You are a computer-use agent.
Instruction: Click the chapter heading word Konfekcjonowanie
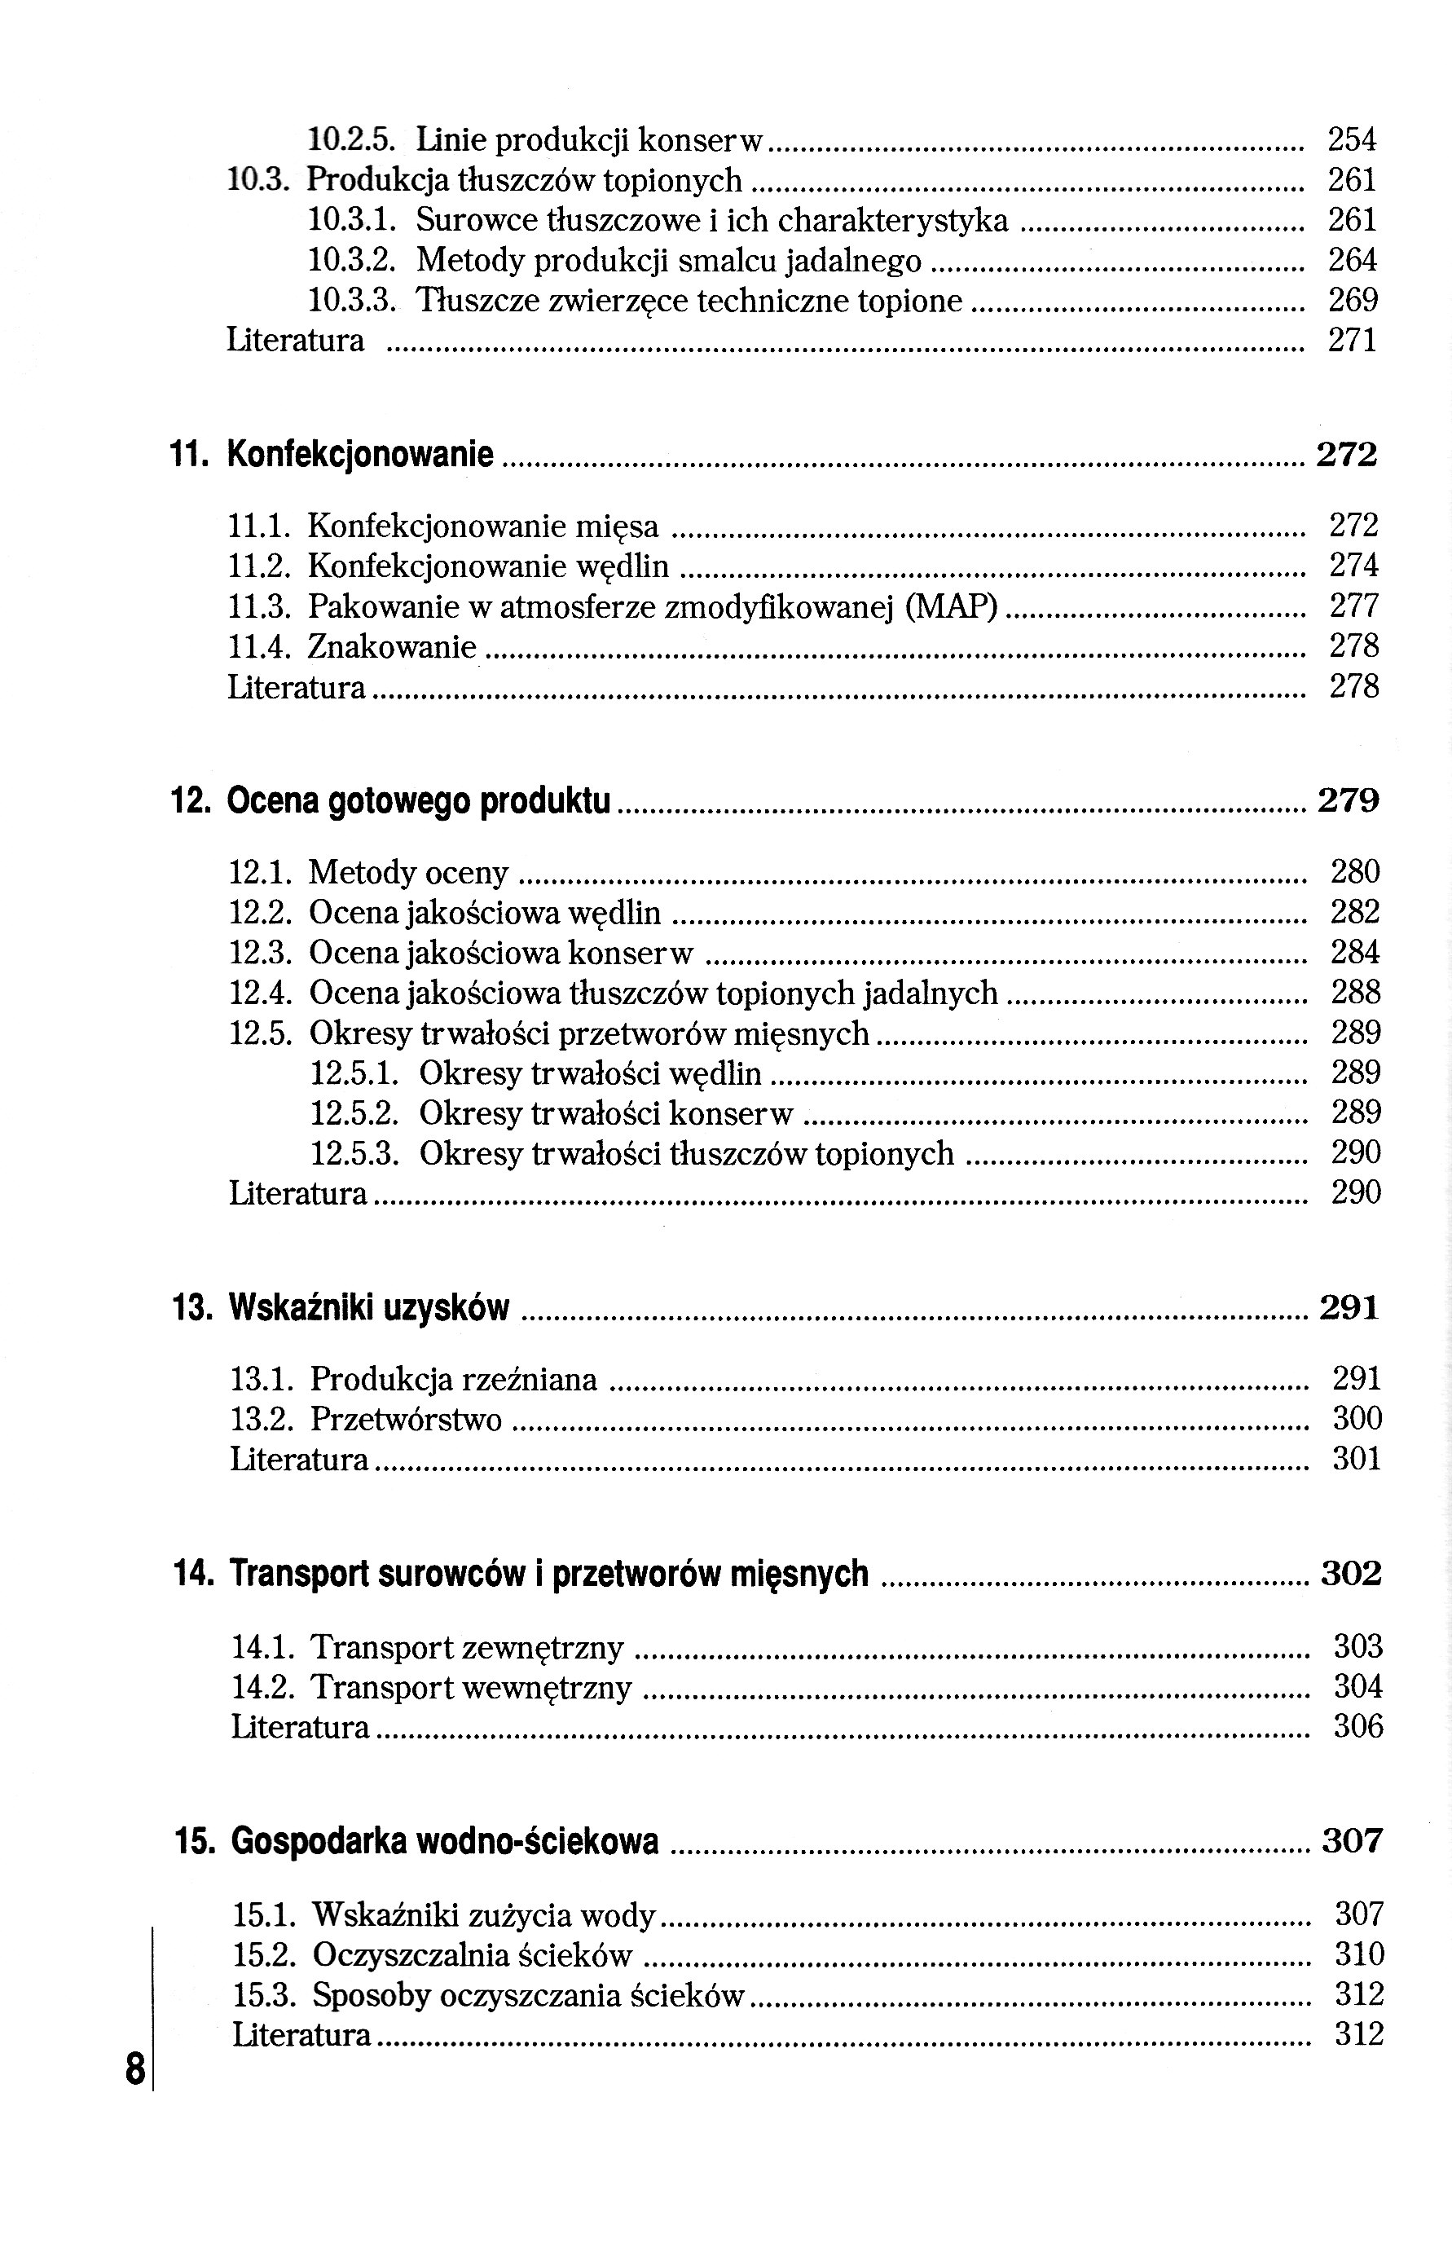(x=360, y=456)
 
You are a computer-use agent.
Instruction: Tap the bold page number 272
(x=1346, y=456)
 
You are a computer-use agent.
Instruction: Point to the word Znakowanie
(x=391, y=648)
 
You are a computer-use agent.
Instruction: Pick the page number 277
(x=1354, y=606)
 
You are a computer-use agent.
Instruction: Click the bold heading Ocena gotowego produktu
(x=419, y=801)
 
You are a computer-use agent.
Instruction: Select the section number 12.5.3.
(x=355, y=1154)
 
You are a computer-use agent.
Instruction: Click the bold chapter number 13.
(x=191, y=1309)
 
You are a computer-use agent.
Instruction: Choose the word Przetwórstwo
(x=406, y=1420)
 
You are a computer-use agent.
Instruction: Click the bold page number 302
(x=1350, y=1574)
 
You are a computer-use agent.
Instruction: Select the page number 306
(x=1357, y=1726)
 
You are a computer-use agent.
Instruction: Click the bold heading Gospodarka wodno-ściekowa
(x=444, y=1840)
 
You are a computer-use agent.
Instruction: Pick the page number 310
(x=1358, y=1954)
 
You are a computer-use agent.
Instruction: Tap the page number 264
(x=1352, y=260)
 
